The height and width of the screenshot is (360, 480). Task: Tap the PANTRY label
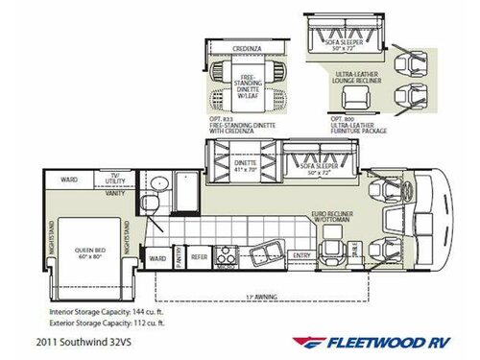point(178,257)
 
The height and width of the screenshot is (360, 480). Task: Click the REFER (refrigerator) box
point(199,257)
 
